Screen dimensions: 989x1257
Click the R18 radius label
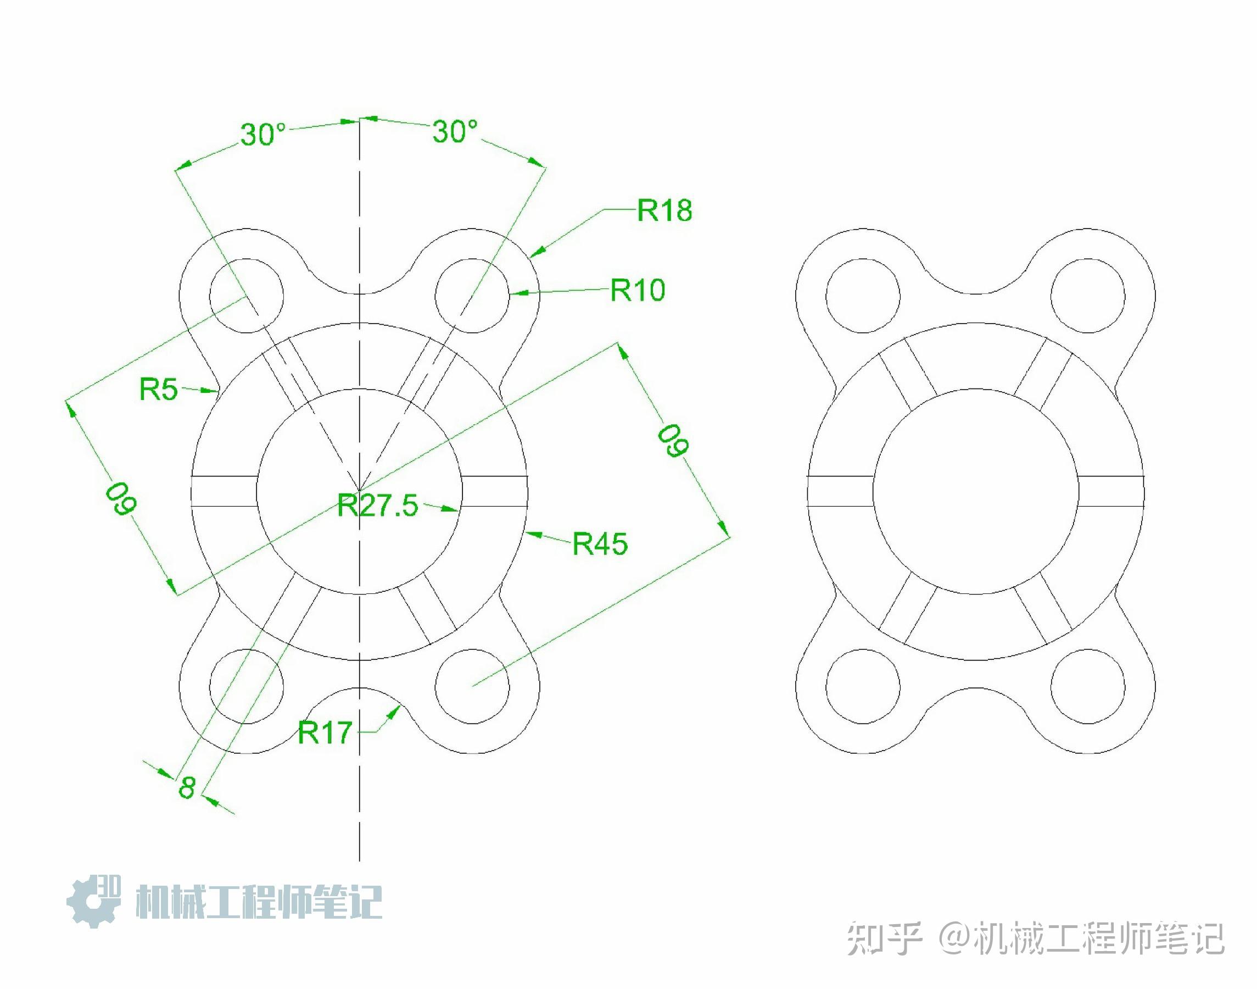[664, 210]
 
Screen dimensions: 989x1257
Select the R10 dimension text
[638, 290]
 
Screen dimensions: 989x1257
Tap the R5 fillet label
[158, 389]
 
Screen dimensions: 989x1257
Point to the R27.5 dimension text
[377, 505]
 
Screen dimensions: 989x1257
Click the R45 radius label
[600, 544]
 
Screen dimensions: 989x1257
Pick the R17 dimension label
[325, 733]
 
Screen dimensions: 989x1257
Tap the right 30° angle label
[455, 131]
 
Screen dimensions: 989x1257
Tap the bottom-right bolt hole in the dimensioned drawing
[472, 686]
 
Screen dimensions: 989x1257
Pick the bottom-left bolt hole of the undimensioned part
[863, 686]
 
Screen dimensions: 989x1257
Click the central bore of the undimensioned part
[976, 491]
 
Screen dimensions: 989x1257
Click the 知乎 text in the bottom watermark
[884, 938]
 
